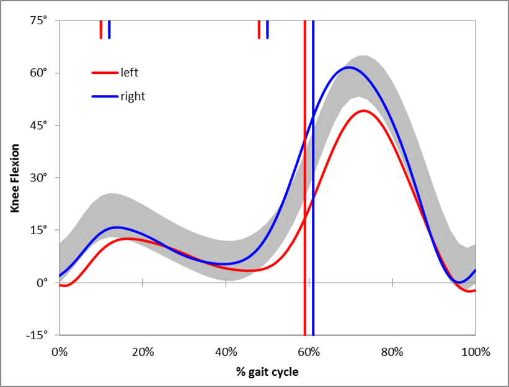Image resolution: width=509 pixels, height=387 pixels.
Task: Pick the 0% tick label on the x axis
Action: tap(60, 352)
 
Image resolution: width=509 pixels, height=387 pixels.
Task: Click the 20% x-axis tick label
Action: tap(143, 352)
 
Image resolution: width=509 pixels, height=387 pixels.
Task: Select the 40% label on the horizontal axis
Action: tap(226, 352)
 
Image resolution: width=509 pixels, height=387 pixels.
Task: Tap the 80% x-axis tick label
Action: tap(392, 352)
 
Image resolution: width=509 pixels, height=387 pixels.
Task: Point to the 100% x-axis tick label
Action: tap(476, 352)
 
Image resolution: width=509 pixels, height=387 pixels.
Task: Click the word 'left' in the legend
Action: tap(130, 73)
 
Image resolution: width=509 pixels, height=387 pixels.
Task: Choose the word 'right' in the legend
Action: tap(133, 96)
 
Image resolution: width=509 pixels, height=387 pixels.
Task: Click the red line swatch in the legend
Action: tap(104, 73)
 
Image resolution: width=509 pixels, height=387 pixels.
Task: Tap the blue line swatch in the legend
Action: tap(104, 96)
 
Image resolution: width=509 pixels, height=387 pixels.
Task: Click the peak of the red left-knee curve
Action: tap(363, 111)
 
